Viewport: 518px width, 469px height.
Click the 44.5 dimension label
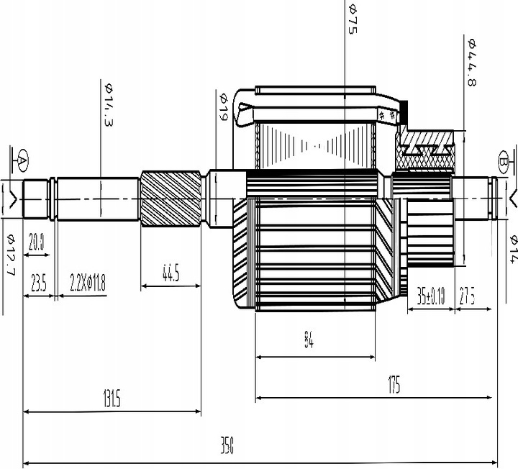point(171,273)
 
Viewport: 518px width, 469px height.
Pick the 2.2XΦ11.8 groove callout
point(88,283)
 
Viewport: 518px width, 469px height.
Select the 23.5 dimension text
point(38,283)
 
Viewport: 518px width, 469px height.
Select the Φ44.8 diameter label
point(472,63)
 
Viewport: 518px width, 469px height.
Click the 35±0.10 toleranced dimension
point(431,296)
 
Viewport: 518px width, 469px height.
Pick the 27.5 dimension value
point(468,296)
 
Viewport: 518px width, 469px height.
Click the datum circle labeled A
point(22,158)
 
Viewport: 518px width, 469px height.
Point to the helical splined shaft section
point(170,199)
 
